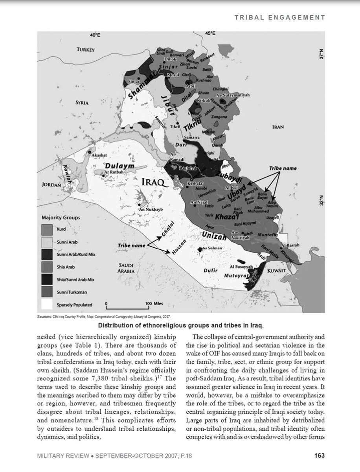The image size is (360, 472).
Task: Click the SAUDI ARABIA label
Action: coord(127,269)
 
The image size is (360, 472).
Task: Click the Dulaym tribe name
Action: coord(119,166)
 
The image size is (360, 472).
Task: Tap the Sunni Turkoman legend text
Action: coord(73,292)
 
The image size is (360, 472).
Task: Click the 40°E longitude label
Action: coord(95,35)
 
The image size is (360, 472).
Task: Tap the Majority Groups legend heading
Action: coord(61,217)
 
